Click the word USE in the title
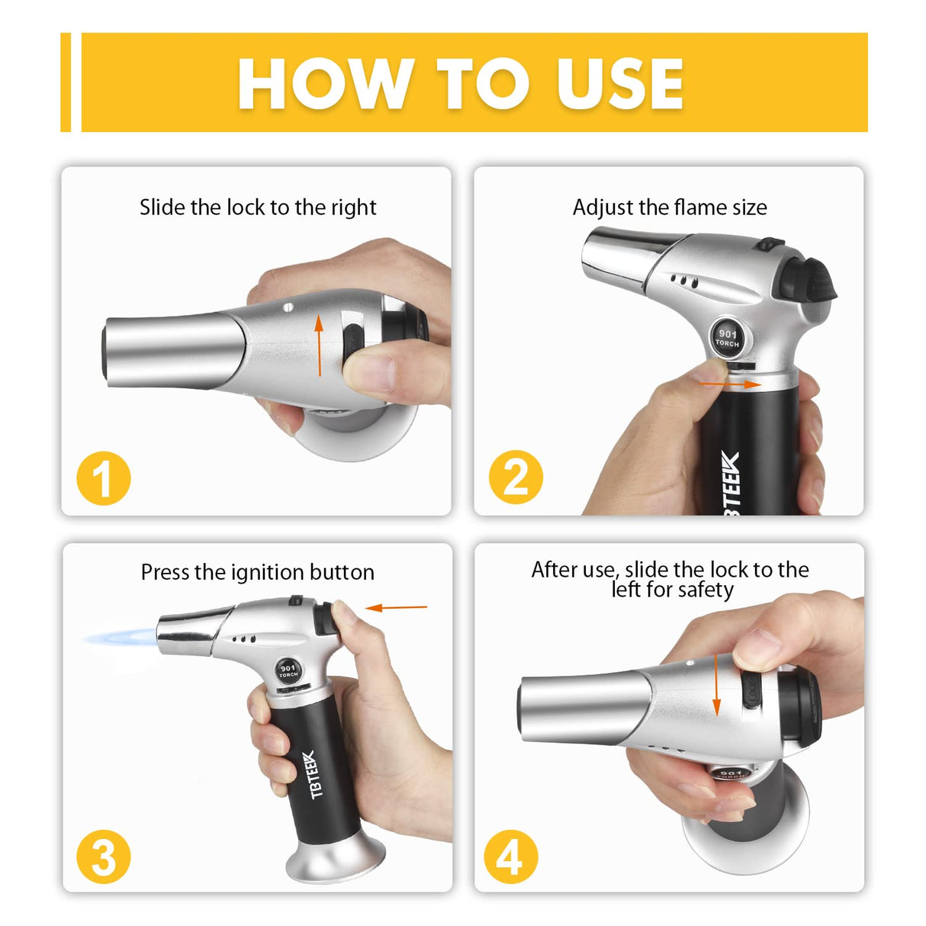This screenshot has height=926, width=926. point(619,84)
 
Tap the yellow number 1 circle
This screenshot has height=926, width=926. point(104,478)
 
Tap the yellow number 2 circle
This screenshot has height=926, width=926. point(516,478)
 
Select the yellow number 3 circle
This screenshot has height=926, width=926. point(104,856)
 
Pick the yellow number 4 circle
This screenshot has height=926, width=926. point(511,856)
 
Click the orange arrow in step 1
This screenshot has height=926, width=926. point(319,346)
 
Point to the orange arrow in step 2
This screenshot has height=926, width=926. point(730,384)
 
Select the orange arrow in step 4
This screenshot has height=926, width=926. point(716,684)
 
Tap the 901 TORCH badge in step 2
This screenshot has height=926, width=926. point(728,337)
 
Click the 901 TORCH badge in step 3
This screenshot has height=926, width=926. point(288,670)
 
